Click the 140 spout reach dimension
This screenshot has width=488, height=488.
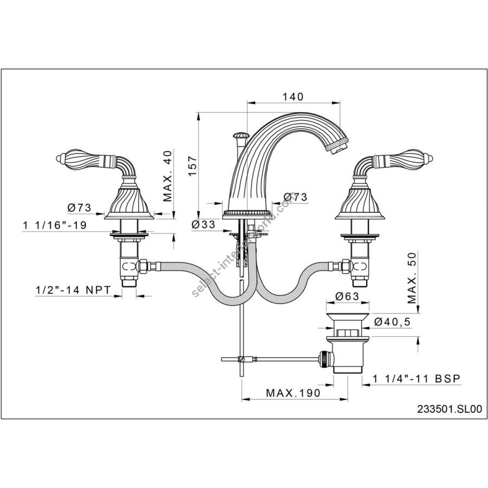[x=293, y=97]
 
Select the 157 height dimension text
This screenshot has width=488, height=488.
[x=192, y=165]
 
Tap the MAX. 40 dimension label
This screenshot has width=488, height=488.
[x=168, y=176]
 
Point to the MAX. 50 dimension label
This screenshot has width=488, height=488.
[x=412, y=278]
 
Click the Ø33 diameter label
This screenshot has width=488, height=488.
[x=203, y=224]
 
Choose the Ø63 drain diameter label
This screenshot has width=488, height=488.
[x=347, y=296]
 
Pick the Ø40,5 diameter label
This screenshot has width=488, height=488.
[x=393, y=322]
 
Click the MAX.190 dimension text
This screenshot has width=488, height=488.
[x=293, y=393]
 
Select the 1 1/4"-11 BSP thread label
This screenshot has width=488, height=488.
[x=416, y=379]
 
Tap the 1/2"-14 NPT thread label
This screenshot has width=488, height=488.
[x=73, y=290]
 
